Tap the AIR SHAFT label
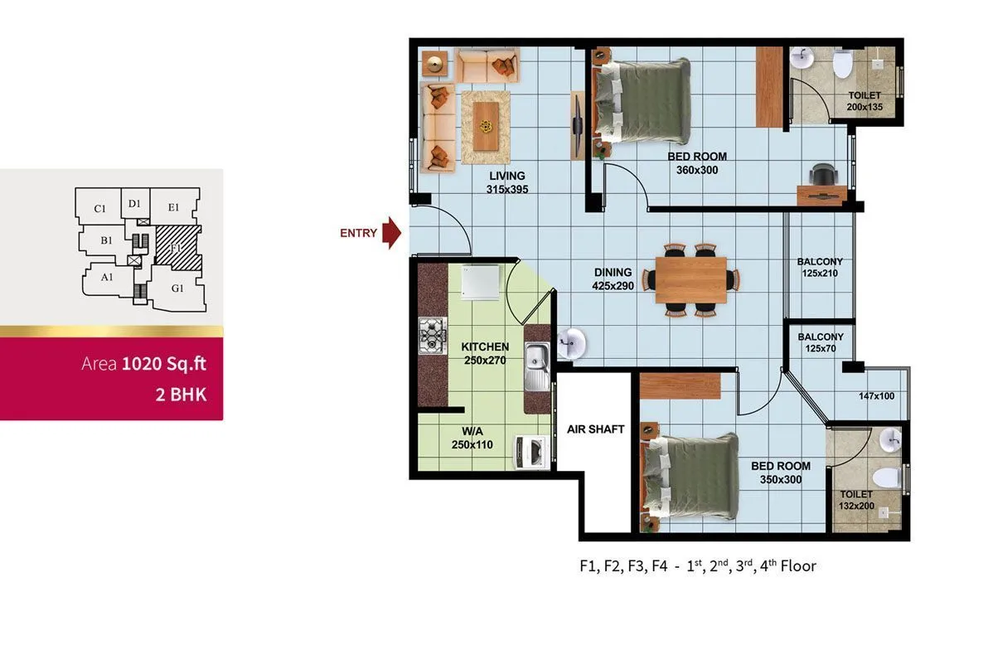pos(595,429)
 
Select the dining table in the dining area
pos(690,280)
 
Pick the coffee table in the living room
pos(486,125)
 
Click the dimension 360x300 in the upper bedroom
pos(696,170)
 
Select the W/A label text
pos(472,431)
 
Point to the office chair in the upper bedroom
pos(822,175)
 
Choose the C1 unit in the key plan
pos(99,208)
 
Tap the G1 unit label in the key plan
pos(177,288)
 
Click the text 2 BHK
pos(181,394)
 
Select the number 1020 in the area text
pos(138,364)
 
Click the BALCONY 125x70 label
pos(821,343)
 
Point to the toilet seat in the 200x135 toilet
pos(842,63)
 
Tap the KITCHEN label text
pos(485,347)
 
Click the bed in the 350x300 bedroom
pos(690,477)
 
